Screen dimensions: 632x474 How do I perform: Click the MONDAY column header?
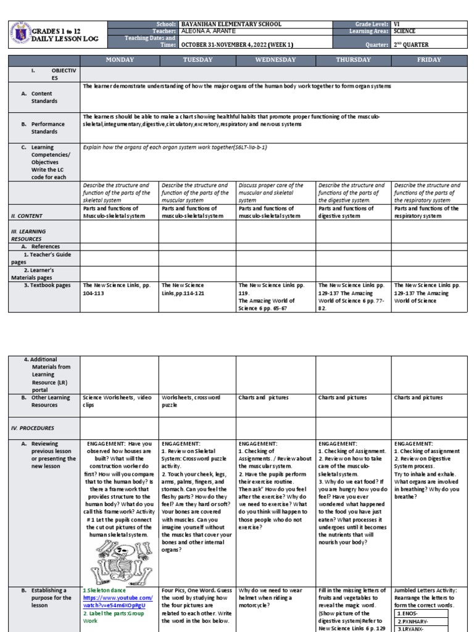pyautogui.click(x=120, y=60)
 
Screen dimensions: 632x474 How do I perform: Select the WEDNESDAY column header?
pyautogui.click(x=275, y=60)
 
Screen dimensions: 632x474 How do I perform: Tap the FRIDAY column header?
pyautogui.click(x=429, y=60)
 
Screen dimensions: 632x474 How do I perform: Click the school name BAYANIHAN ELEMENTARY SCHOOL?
pyautogui.click(x=231, y=24)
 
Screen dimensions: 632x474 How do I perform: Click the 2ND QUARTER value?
pyautogui.click(x=420, y=44)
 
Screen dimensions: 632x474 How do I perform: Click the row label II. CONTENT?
pyautogui.click(x=26, y=215)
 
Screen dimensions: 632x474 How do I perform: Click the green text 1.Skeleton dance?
pyautogui.click(x=107, y=591)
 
